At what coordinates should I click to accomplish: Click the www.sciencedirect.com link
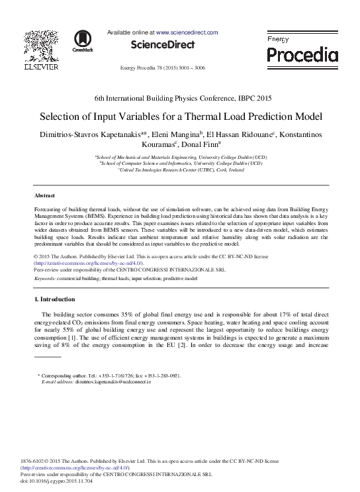[187, 32]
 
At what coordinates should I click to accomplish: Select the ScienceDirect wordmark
[163, 45]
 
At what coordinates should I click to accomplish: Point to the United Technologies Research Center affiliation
[181, 170]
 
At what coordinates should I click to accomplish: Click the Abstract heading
[45, 195]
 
